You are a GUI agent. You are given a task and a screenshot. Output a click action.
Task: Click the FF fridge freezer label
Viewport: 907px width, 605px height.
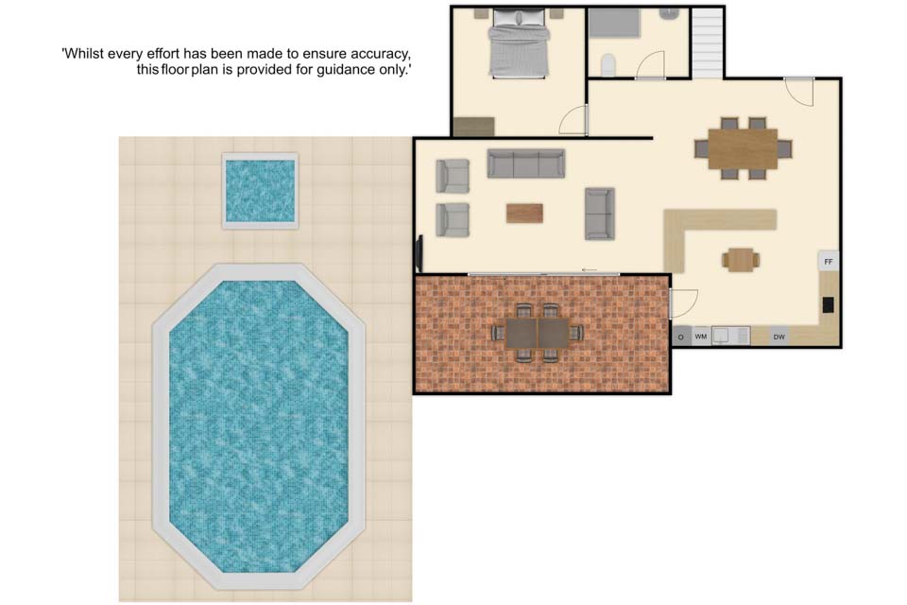829,262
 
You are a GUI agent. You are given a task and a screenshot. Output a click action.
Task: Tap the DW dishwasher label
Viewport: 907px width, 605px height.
779,337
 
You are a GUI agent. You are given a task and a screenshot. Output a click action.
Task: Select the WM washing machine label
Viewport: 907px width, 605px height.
700,337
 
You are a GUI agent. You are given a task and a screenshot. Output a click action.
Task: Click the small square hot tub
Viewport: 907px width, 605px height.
261,191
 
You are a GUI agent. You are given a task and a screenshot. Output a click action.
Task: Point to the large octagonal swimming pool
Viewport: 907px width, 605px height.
259,426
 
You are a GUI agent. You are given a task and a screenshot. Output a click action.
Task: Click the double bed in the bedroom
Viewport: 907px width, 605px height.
519,43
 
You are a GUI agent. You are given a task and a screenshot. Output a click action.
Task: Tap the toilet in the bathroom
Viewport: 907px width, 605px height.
608,65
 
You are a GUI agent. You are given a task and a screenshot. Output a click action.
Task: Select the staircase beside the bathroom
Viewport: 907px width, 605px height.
708,43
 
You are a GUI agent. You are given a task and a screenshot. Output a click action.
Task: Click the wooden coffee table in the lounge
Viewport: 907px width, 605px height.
524,213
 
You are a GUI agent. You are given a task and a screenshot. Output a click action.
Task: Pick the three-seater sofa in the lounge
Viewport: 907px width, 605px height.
526,164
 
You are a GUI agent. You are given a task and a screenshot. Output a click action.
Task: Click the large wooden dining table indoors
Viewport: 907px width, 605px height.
743,148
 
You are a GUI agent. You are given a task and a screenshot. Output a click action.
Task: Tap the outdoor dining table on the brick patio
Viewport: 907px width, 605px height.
538,334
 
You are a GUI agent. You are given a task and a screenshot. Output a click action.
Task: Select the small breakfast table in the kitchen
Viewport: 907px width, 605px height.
741,259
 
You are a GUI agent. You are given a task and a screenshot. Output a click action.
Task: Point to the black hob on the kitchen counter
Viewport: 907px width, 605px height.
829,304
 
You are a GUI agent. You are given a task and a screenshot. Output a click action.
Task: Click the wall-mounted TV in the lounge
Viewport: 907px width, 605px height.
419,253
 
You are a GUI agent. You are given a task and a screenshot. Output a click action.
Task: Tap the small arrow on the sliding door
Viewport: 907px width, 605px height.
590,269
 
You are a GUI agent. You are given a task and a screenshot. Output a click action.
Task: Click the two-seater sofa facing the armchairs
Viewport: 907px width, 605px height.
599,213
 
